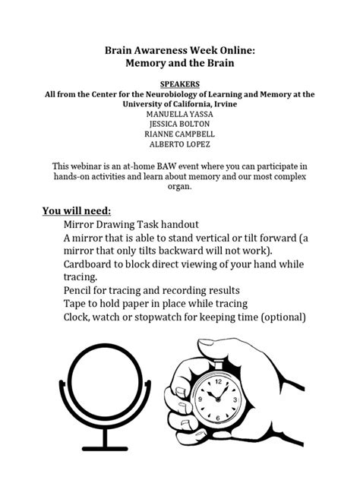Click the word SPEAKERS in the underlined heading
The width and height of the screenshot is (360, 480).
[x=180, y=82]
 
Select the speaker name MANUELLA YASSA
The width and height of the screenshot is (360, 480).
[x=180, y=114]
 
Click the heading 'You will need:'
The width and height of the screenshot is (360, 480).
[x=77, y=210]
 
